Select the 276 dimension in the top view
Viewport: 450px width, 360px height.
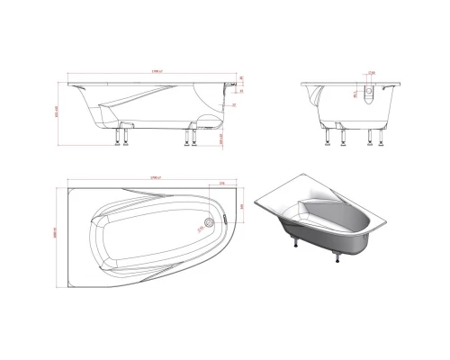[x=221, y=183]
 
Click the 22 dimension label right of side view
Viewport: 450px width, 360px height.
[x=232, y=104]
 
